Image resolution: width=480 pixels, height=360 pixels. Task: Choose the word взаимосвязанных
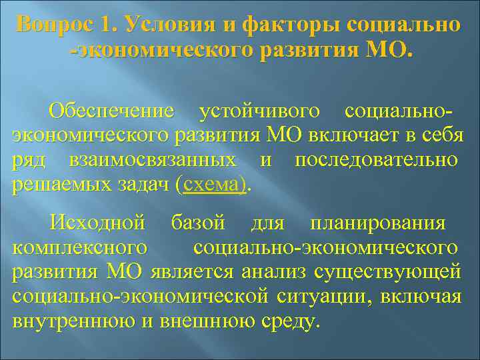[153, 161]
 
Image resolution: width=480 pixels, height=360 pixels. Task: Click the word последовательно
[376, 161]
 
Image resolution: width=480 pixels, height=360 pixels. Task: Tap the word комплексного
[80, 247]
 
